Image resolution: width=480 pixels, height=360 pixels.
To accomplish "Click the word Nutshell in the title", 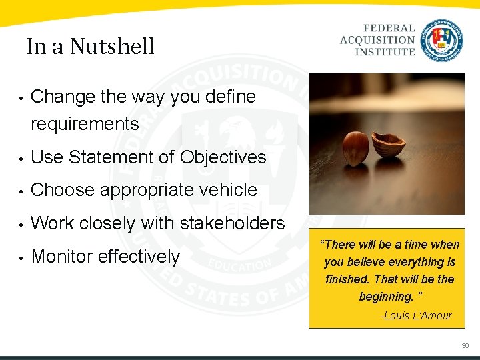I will pyautogui.click(x=111, y=47).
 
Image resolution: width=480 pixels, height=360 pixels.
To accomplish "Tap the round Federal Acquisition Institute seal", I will pyautogui.click(x=441, y=40).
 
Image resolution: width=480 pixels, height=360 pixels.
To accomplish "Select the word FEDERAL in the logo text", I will pyautogui.click(x=389, y=29).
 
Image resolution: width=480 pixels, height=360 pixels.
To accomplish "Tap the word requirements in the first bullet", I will pyautogui.click(x=85, y=124).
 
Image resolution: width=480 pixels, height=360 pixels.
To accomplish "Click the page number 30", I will pyautogui.click(x=465, y=346).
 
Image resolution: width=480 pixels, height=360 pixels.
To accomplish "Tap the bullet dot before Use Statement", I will pyautogui.click(x=22, y=159).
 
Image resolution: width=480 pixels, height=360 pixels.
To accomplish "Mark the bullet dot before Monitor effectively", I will pyautogui.click(x=22, y=258).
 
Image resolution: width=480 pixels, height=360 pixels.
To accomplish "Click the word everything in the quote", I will pyautogui.click(x=417, y=262).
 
